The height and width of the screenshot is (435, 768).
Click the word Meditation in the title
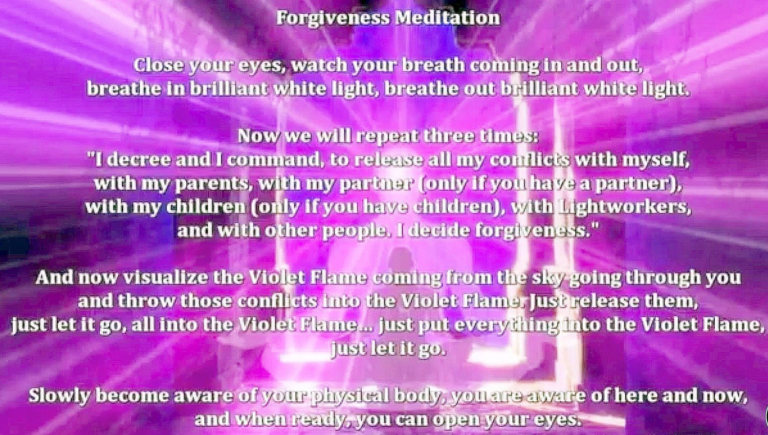(x=448, y=18)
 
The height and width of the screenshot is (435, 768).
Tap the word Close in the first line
(x=158, y=65)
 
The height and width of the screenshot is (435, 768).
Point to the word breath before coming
(x=433, y=65)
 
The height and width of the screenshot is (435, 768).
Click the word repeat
(x=386, y=136)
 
